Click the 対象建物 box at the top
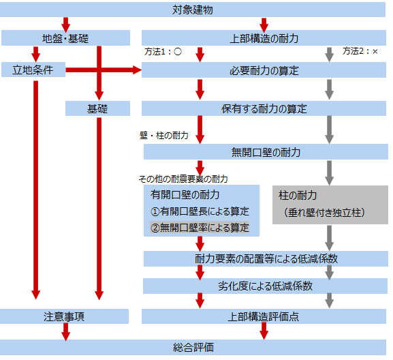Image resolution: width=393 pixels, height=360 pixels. [x=193, y=10]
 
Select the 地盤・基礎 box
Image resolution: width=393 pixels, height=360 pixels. [x=65, y=38]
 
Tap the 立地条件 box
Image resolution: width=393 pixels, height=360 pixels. [x=33, y=70]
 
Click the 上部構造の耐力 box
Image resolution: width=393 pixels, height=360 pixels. [x=264, y=38]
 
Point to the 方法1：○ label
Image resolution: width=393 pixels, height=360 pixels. [x=163, y=52]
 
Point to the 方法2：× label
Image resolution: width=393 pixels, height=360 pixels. [x=360, y=51]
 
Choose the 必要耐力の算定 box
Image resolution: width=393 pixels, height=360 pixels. [x=264, y=70]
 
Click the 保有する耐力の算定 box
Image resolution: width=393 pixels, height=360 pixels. [x=264, y=108]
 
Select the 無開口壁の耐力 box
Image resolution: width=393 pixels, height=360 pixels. [x=266, y=152]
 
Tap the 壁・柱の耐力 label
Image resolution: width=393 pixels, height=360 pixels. [x=164, y=136]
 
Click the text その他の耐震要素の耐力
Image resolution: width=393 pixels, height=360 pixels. [x=183, y=179]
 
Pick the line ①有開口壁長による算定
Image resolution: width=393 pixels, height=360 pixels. [x=200, y=211]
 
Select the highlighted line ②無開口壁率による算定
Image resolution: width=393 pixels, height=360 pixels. [x=200, y=228]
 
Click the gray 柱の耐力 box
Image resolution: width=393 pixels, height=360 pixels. [x=330, y=205]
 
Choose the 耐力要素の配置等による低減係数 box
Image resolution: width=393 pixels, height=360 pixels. [x=266, y=258]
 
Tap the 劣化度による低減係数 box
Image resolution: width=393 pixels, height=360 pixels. [x=265, y=286]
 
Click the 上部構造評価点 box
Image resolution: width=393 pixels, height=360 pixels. [x=264, y=316]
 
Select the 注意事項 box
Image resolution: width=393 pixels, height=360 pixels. [x=64, y=316]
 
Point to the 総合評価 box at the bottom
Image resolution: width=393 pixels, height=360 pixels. [x=193, y=348]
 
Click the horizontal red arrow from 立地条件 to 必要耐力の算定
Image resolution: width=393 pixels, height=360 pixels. [x=104, y=70]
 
